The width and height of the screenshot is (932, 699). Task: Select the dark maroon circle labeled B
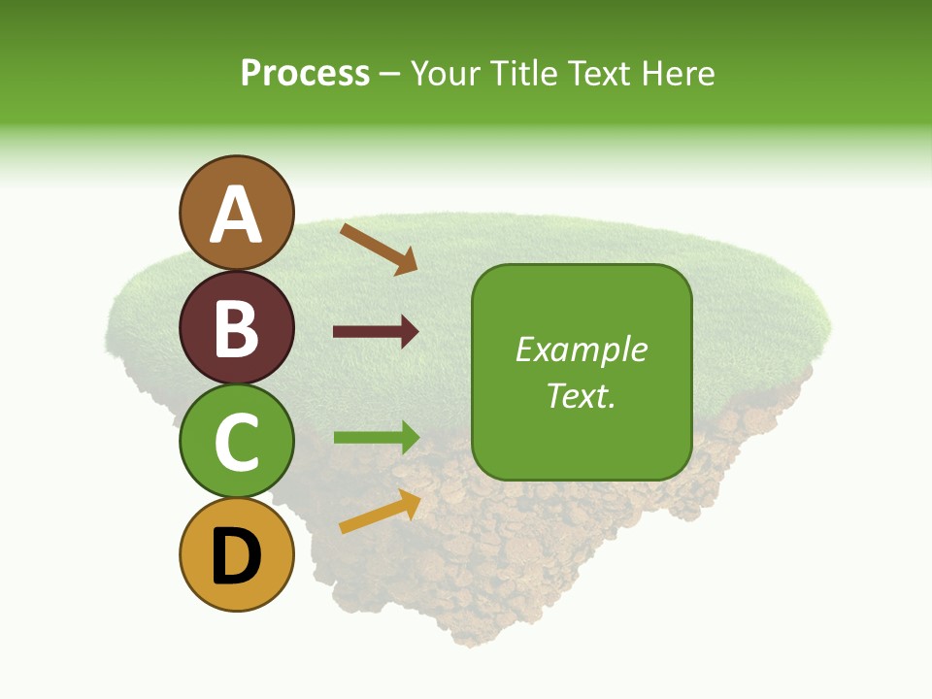(236, 327)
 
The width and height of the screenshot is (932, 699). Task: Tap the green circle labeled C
(236, 441)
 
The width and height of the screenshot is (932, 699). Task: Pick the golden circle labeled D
(236, 554)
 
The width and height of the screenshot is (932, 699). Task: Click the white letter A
(237, 215)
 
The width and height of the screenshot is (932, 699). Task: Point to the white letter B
(236, 328)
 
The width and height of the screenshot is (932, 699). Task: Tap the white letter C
(236, 442)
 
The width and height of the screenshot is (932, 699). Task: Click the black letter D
(236, 556)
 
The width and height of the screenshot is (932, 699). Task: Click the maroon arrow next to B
(376, 332)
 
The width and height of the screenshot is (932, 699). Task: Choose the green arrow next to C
(376, 437)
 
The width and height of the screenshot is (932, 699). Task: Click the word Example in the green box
(581, 349)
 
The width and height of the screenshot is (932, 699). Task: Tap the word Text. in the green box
(581, 395)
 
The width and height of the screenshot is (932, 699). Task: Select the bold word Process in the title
(305, 73)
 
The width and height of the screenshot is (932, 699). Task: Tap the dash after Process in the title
(389, 75)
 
